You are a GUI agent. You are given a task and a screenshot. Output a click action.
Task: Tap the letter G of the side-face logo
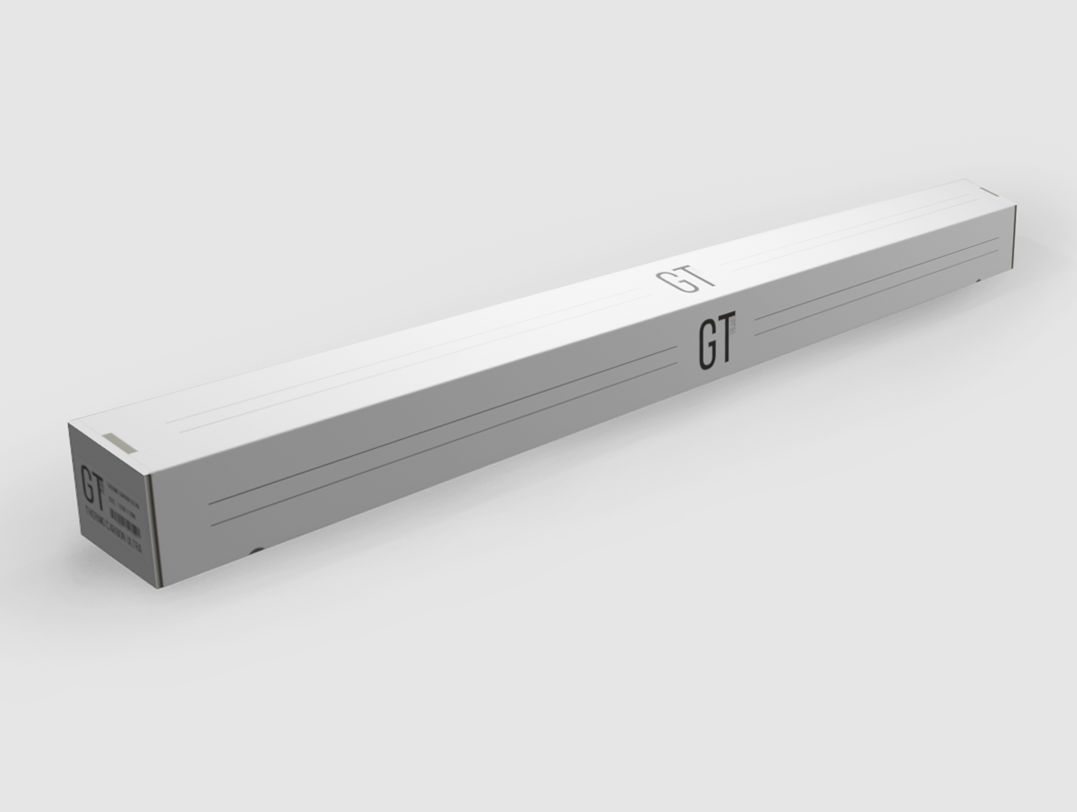[x=705, y=347]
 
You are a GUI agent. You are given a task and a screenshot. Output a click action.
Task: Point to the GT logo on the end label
[x=93, y=486]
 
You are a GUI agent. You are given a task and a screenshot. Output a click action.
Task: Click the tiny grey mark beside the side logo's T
[x=736, y=327]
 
